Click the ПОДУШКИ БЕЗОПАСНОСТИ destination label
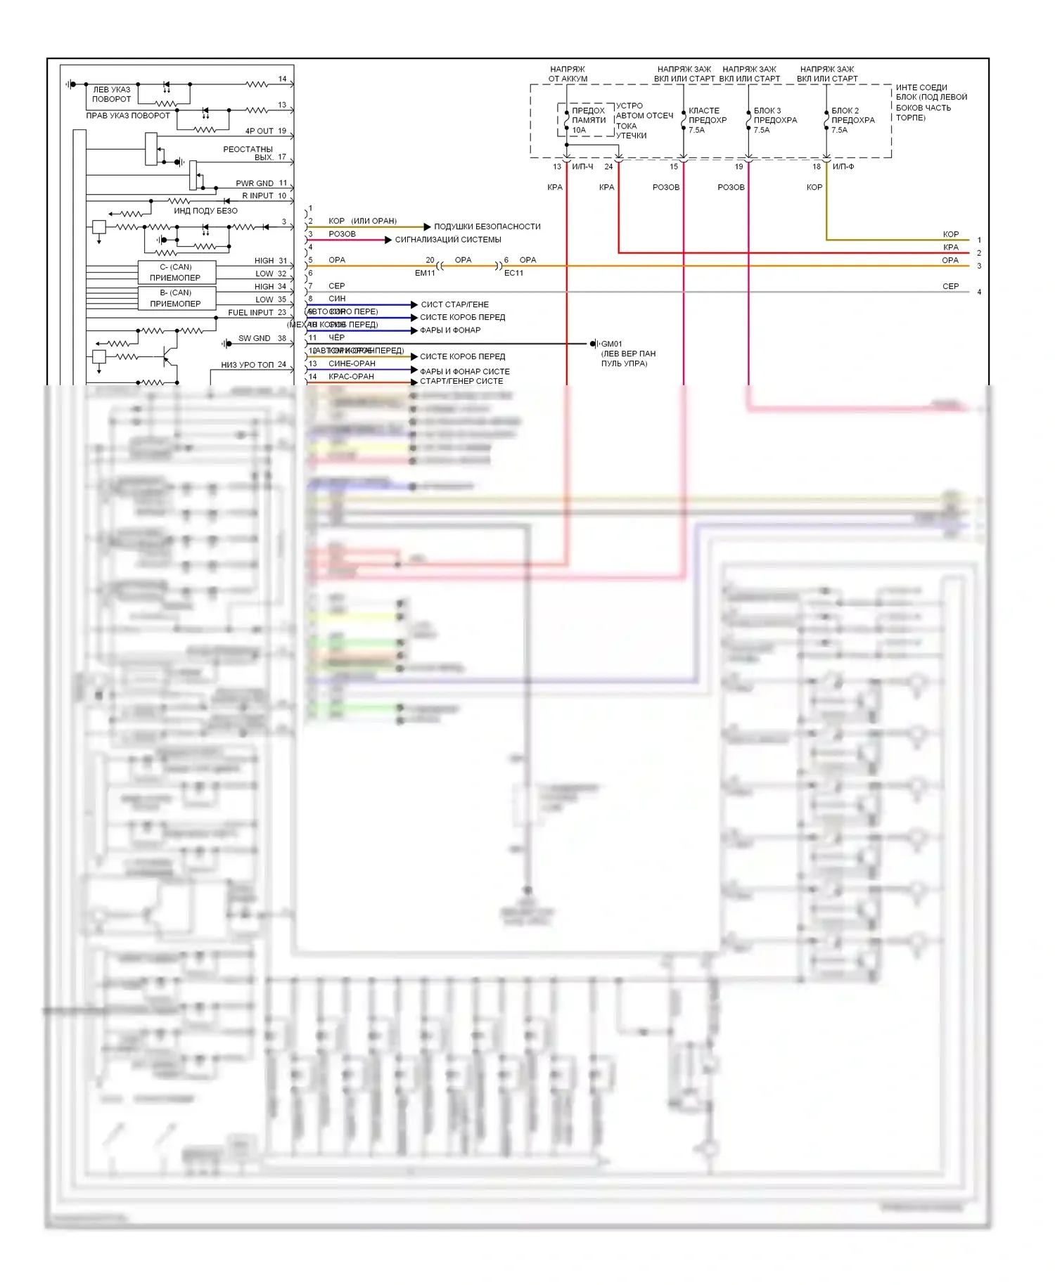pos(487,226)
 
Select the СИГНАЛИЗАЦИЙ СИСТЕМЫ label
pos(447,240)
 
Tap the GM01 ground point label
pos(611,344)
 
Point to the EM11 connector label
pos(425,273)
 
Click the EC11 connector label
pos(513,273)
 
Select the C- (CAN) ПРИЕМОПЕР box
pos(176,272)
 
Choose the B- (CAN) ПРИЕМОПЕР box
pos(176,298)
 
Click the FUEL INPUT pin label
pos(250,313)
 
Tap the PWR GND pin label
pos(255,183)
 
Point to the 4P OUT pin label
pos(259,131)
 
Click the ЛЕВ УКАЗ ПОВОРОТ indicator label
pos(111,94)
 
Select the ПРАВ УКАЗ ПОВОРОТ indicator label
pos(128,116)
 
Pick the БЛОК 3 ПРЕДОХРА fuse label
pos(775,120)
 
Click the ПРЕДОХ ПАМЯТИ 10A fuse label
pos(588,120)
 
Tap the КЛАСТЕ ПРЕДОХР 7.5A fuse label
pos(707,120)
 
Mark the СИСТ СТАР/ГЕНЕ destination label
pos(454,305)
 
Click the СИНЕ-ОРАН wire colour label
pos(352,364)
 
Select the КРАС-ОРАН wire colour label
pos(351,377)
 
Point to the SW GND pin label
pos(254,339)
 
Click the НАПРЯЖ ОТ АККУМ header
pos(568,74)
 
